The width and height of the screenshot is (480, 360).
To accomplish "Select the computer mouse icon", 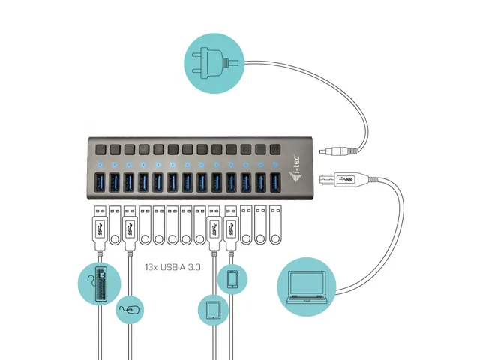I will click(130, 308).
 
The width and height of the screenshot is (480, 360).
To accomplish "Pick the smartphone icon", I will click(232, 279).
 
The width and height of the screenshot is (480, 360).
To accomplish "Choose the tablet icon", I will click(212, 309).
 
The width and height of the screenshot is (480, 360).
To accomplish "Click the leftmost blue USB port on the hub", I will click(114, 183).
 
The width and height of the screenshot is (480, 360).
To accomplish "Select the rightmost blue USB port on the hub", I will click(274, 183).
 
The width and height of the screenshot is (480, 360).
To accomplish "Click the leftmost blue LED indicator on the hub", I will click(114, 164).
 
